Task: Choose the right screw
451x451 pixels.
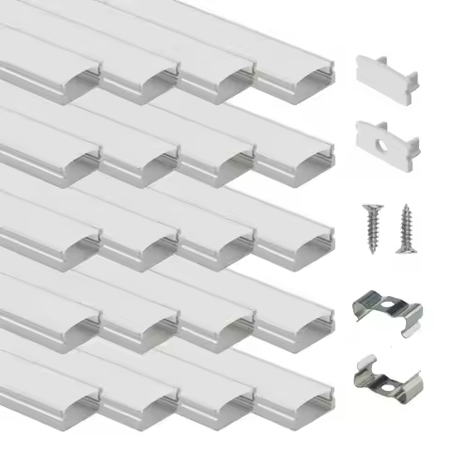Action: pos(406,225)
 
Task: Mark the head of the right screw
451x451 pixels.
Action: pos(406,209)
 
